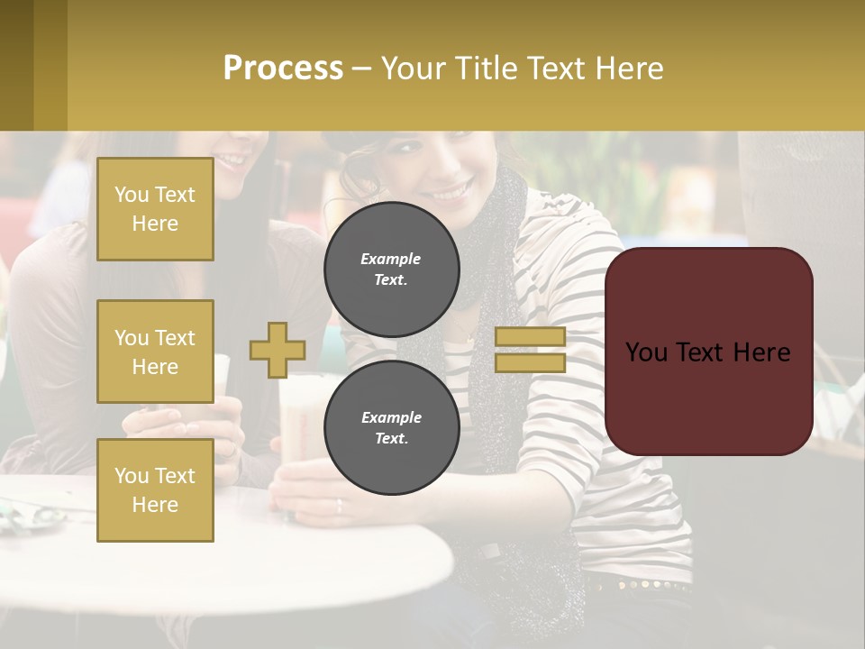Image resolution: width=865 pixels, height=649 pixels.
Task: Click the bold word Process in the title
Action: tap(283, 69)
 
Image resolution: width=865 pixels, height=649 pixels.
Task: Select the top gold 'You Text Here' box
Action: tap(155, 209)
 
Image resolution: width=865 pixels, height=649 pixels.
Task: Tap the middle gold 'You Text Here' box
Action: tap(155, 352)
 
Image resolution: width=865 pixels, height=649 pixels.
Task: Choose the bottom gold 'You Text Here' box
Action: tap(155, 490)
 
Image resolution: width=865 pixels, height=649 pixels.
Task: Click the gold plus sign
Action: tap(278, 350)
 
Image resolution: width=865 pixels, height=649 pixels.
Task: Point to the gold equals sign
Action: tap(530, 350)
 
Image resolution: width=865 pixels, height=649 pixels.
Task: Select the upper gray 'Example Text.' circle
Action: tap(391, 270)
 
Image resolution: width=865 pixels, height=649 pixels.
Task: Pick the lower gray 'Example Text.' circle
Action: tap(391, 428)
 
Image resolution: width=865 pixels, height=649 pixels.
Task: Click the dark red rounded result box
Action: tap(708, 352)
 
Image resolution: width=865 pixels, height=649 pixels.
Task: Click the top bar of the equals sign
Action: tap(530, 337)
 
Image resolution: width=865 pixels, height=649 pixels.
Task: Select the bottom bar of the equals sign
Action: tap(530, 362)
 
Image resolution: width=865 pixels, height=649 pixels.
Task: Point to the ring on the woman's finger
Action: tap(339, 506)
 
